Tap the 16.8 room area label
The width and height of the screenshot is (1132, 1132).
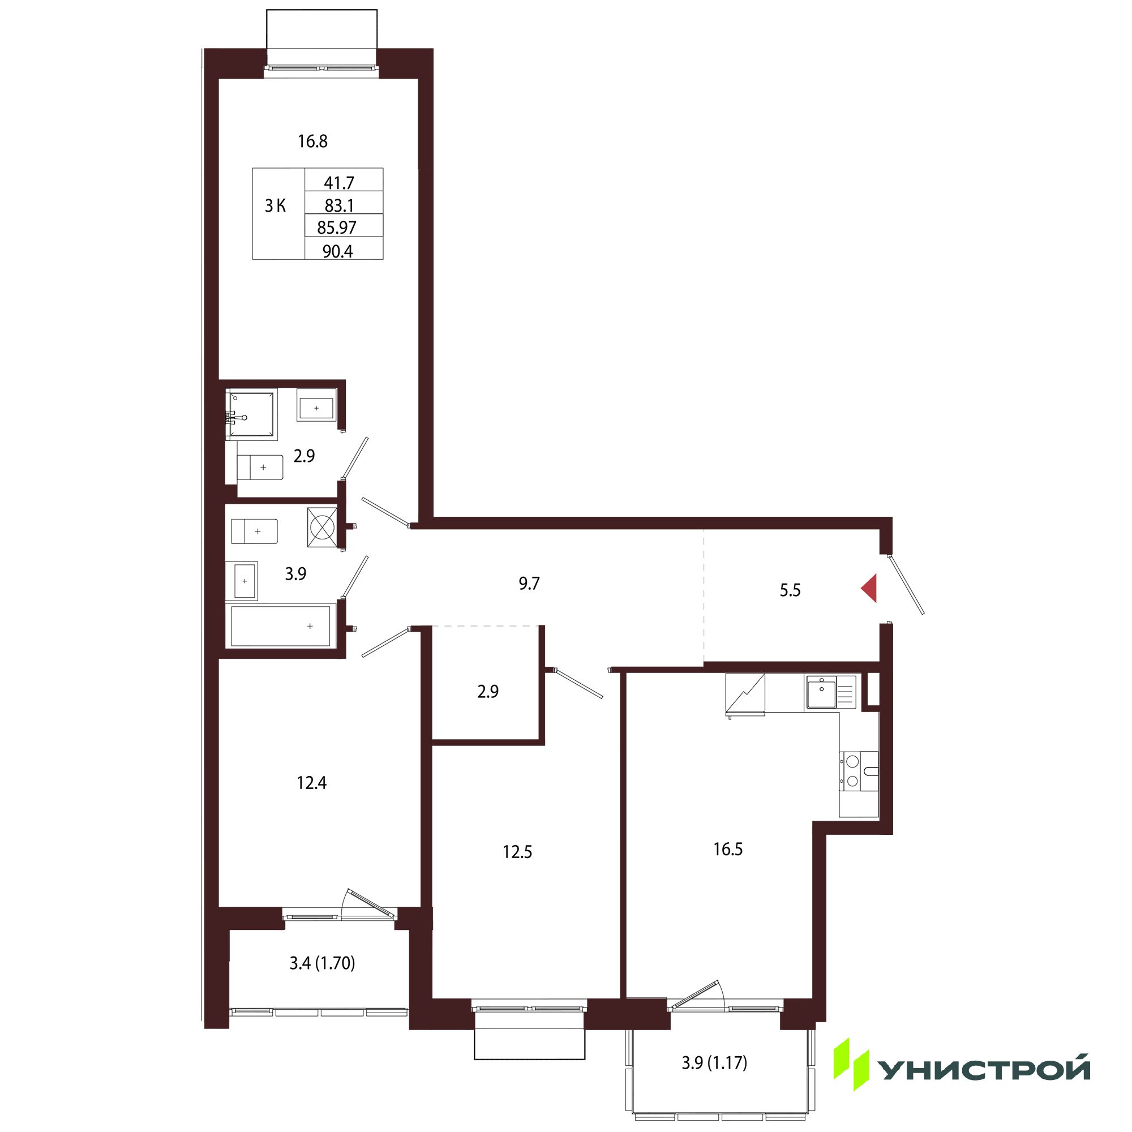[312, 141]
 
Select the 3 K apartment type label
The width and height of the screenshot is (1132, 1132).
[276, 205]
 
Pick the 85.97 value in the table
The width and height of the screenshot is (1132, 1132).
[337, 227]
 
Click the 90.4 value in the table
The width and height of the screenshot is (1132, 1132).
[338, 251]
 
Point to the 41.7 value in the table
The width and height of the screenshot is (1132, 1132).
[339, 183]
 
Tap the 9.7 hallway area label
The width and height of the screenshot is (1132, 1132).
[529, 584]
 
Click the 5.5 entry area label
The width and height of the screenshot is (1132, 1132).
[790, 590]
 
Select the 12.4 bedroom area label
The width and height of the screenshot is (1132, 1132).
[312, 783]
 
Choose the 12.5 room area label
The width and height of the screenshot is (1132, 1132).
[517, 852]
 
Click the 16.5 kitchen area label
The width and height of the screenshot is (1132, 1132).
[728, 849]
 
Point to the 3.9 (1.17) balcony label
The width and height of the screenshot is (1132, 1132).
[714, 1062]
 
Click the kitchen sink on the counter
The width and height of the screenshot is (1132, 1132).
[831, 692]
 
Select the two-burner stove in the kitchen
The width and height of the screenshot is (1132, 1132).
[859, 771]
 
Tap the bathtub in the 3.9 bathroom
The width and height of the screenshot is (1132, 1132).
[281, 626]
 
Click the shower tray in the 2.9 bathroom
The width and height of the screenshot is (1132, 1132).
[251, 415]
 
